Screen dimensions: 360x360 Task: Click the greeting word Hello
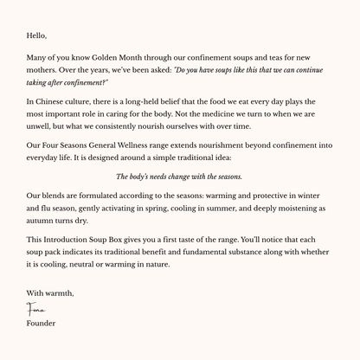(37, 35)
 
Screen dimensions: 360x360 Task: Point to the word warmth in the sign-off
(65, 294)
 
